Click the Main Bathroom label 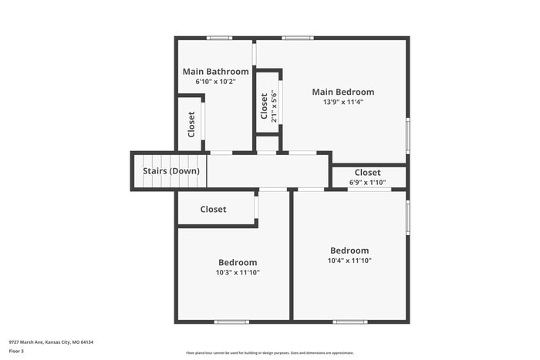215,72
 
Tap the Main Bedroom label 343,92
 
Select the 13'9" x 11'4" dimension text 343,102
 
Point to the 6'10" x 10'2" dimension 215,81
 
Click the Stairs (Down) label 171,171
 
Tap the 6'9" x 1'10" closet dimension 367,183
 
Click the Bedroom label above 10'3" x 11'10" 238,263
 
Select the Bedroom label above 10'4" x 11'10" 349,251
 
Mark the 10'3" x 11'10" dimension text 238,272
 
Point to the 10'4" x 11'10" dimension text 349,261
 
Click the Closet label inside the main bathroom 191,124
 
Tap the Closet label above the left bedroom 213,209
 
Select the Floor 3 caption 16,352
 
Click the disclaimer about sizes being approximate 269,353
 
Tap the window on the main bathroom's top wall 220,37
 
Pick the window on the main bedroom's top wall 297,37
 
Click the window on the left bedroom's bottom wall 231,321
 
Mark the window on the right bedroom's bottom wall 350,321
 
